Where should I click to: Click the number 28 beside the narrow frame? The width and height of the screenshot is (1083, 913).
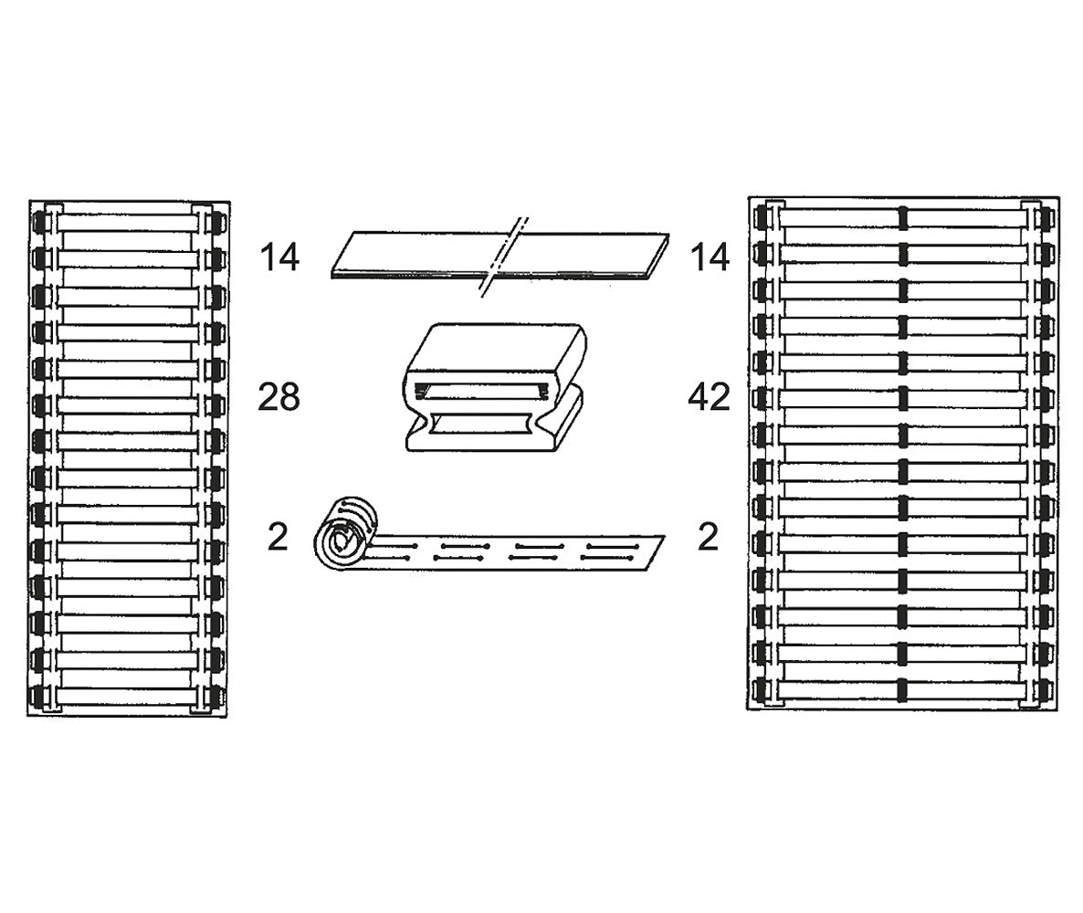coord(279,397)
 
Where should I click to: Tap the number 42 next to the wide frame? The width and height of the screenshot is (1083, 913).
coord(710,397)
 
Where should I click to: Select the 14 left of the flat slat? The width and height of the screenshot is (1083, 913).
coord(279,257)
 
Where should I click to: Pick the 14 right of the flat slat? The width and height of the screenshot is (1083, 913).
coord(710,257)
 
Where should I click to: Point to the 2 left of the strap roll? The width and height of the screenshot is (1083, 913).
coord(278,537)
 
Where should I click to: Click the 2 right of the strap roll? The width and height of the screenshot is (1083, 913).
coord(708,537)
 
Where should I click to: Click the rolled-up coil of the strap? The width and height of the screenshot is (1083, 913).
coord(344,534)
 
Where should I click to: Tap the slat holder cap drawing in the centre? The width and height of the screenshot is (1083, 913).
coord(495,387)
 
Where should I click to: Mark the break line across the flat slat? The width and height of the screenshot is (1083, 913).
coord(504,257)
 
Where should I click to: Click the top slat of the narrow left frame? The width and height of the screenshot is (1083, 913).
coord(128,222)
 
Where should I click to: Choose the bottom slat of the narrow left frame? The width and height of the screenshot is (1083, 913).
coord(128,696)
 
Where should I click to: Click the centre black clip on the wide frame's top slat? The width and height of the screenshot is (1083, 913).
coord(903,217)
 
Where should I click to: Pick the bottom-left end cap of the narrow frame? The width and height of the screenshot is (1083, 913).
coord(38,696)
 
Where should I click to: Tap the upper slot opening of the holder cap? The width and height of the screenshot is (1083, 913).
coord(482,392)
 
